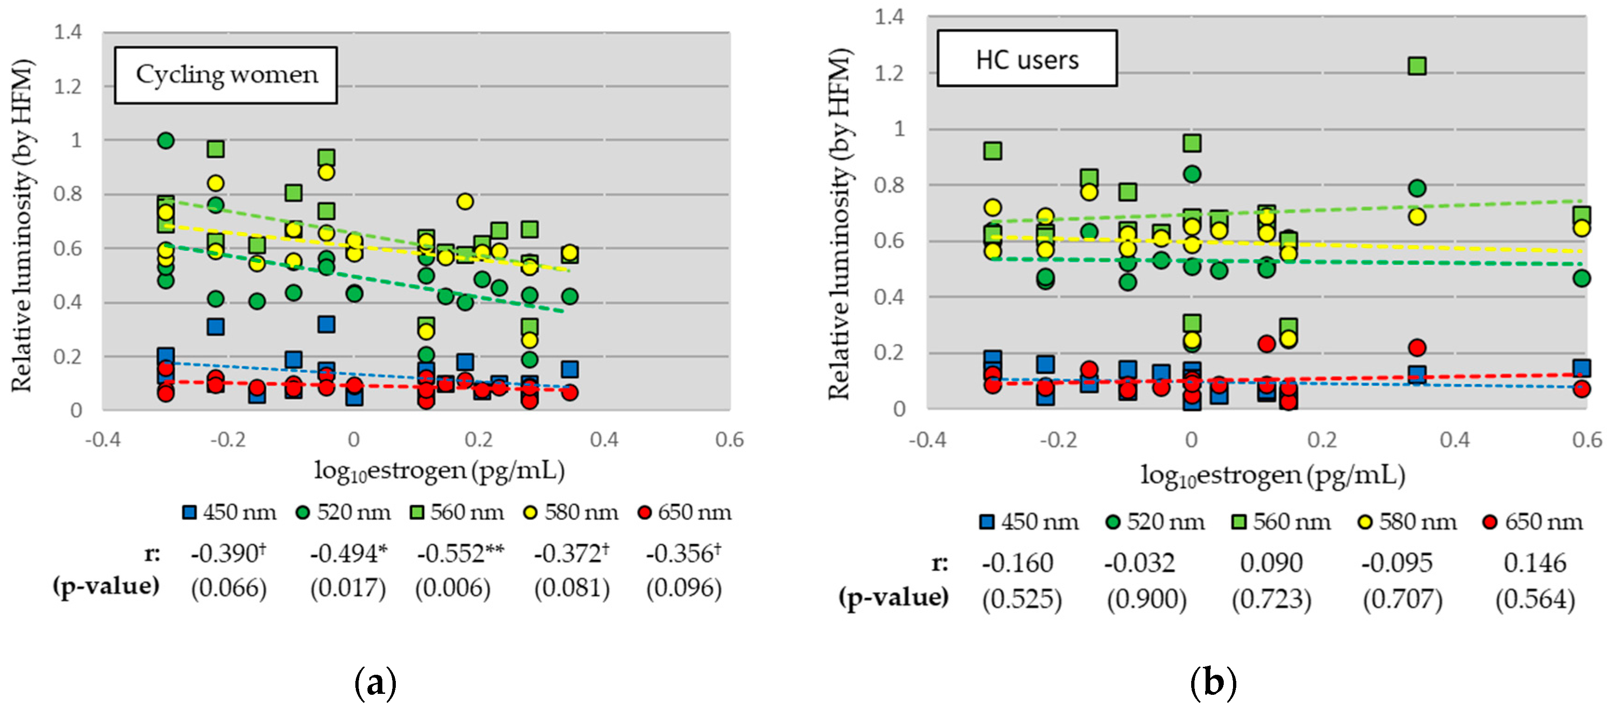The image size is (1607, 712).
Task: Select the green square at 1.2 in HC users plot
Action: point(1417,66)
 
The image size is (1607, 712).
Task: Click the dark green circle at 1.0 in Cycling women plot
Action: point(165,141)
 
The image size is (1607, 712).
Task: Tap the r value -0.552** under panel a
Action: point(460,553)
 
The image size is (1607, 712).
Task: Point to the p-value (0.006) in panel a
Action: point(453,588)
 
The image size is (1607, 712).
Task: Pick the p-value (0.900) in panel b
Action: point(1147,599)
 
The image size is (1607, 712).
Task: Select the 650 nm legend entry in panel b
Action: point(1533,522)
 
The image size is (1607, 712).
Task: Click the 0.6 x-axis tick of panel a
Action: point(729,439)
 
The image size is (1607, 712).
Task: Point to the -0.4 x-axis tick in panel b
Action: point(927,439)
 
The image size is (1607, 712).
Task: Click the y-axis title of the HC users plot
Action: point(839,225)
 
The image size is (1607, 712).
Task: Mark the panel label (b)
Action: point(1213,683)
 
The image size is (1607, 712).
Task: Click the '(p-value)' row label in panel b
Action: point(894,597)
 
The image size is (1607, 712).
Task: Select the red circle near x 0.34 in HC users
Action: point(1417,348)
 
